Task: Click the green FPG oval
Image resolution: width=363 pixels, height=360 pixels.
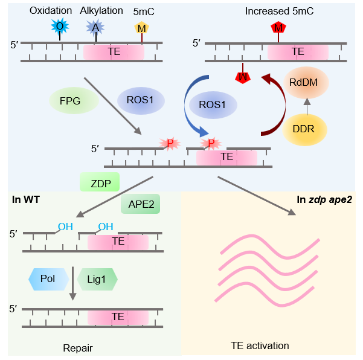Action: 74,100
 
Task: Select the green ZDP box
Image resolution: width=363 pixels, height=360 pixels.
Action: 100,182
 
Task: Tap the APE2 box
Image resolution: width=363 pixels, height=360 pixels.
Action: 140,204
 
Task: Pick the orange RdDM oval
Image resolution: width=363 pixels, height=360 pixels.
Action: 306,83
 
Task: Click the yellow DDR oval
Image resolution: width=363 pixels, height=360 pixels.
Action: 304,130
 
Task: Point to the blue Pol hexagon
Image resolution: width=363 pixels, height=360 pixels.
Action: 48,279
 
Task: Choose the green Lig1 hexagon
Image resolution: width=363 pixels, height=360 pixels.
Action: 97,279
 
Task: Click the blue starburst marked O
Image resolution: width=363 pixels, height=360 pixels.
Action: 60,26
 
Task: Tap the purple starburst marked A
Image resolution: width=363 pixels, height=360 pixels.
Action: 95,28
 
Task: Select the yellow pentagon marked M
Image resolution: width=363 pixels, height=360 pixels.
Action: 142,28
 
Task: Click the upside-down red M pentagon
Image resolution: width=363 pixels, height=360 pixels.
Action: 243,77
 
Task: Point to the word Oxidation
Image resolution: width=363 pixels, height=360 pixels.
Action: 51,11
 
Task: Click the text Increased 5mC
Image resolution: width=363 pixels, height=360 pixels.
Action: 279,11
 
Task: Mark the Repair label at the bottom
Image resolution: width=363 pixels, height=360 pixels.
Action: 78,348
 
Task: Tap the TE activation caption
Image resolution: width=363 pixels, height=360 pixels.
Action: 260,346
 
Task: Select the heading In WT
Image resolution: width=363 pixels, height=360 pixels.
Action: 26,199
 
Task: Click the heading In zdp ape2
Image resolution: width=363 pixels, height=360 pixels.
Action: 324,199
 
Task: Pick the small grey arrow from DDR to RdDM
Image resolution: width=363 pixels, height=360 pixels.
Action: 307,106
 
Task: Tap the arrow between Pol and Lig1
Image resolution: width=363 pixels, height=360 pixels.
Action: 73,283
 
